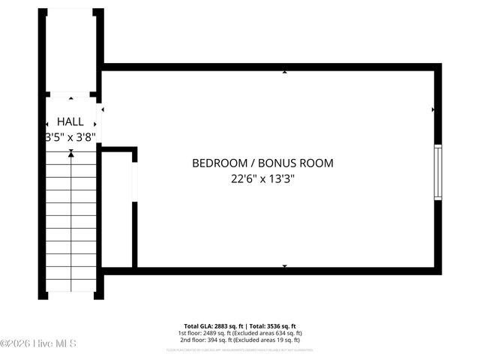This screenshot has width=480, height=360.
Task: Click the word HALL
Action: pos(70,121)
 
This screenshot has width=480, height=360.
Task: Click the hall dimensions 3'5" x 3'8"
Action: pos(70,137)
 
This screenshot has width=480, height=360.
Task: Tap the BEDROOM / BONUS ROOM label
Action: pos(262,163)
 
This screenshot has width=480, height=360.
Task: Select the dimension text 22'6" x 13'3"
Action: pos(262,178)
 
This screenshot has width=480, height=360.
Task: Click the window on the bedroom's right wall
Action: pos(438,172)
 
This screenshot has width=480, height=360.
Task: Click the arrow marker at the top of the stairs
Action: pos(71,153)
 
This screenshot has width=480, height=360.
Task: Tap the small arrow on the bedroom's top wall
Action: pos(284,73)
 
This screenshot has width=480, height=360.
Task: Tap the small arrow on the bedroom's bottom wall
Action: pos(284,265)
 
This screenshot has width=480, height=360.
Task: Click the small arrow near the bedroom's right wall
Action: pos(433,110)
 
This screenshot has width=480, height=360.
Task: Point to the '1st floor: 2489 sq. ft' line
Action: pos(240,333)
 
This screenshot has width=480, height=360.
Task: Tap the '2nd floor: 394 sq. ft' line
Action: pos(240,340)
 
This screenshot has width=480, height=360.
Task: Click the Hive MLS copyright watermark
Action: pos(38,343)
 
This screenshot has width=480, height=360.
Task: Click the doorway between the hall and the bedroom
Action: pos(100,120)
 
